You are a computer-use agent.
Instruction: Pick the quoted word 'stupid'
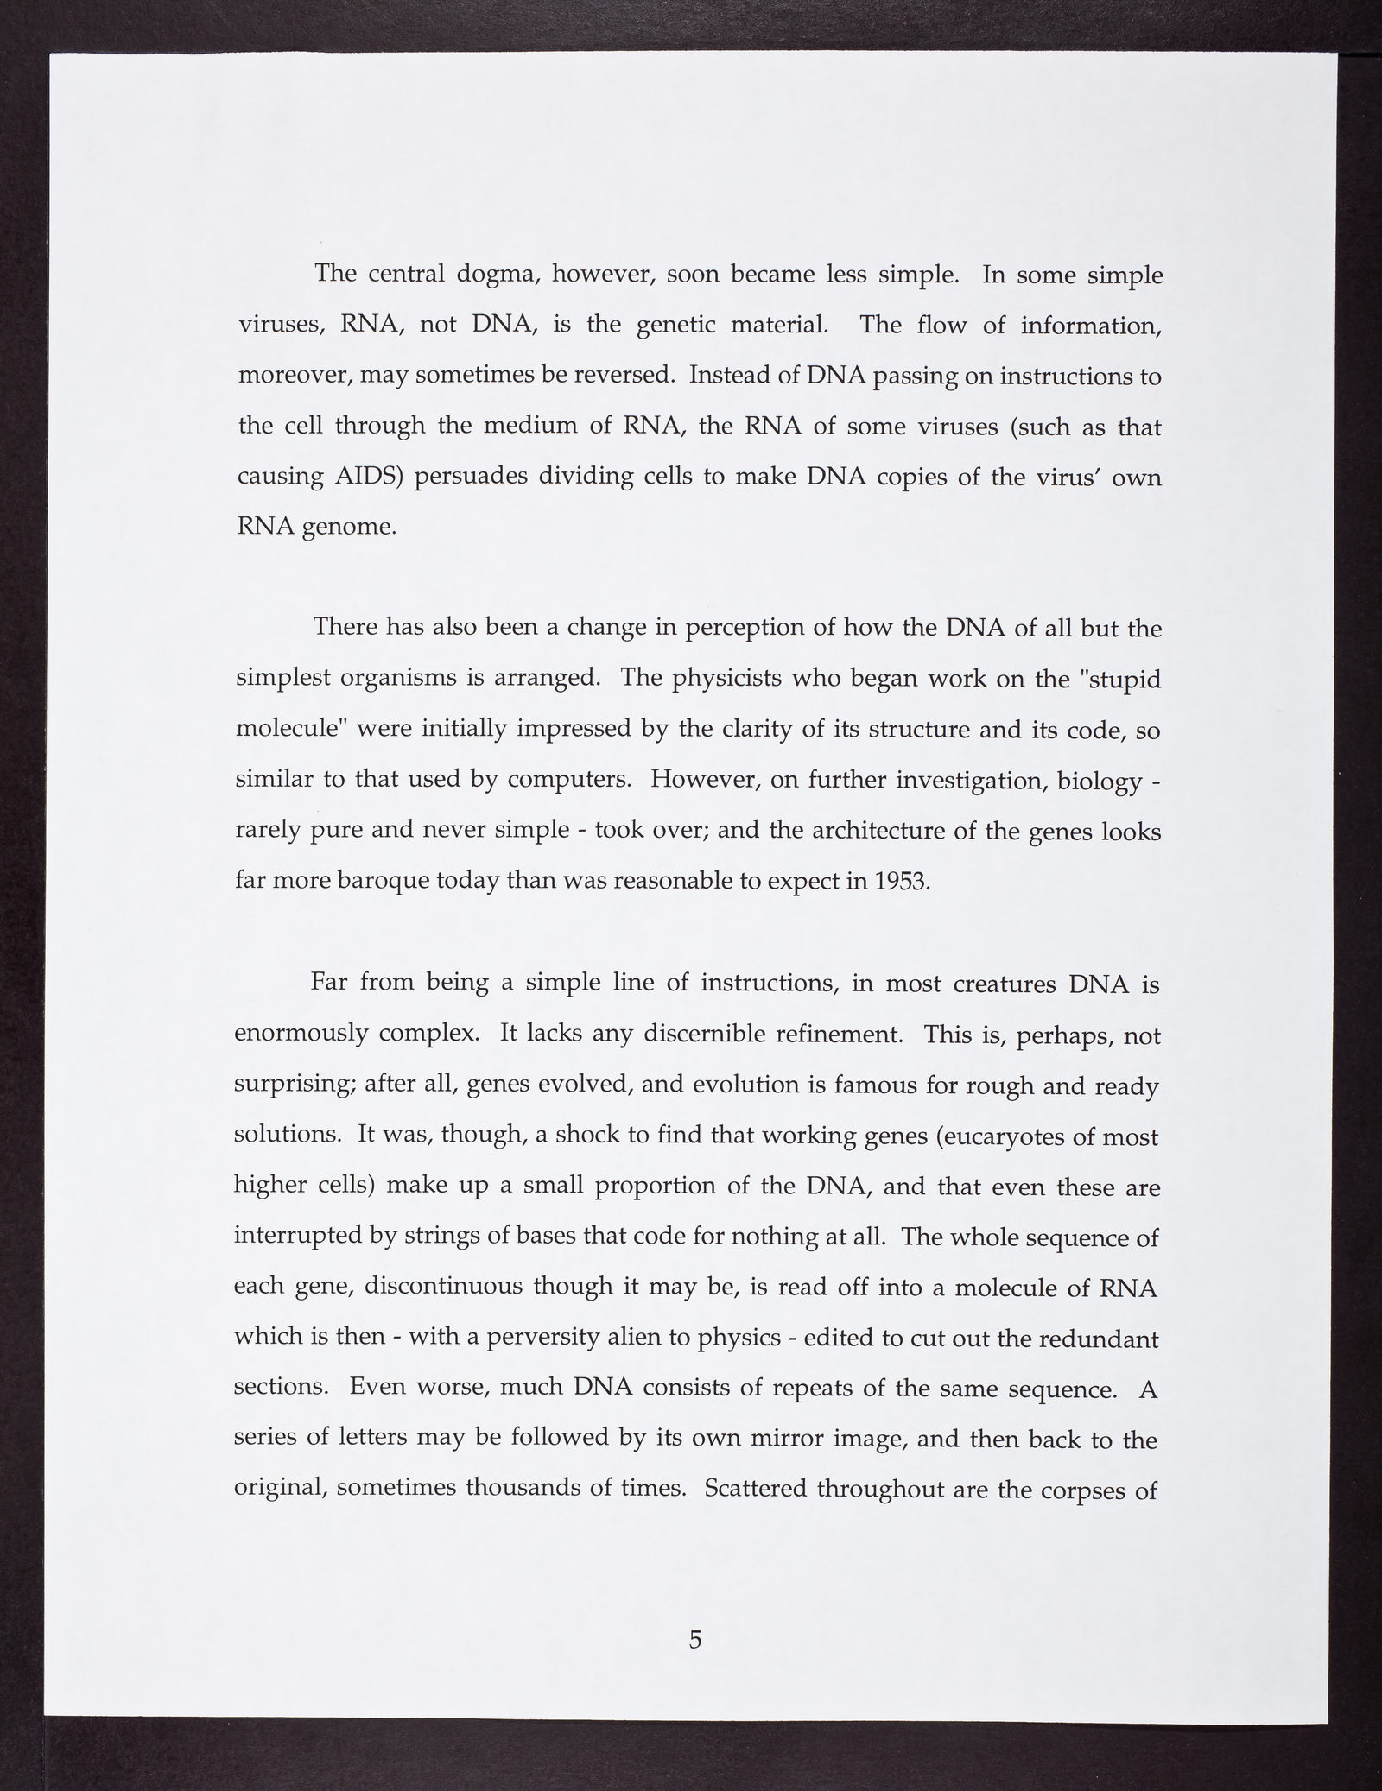1123,679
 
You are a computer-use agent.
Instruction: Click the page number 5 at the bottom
695,1638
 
